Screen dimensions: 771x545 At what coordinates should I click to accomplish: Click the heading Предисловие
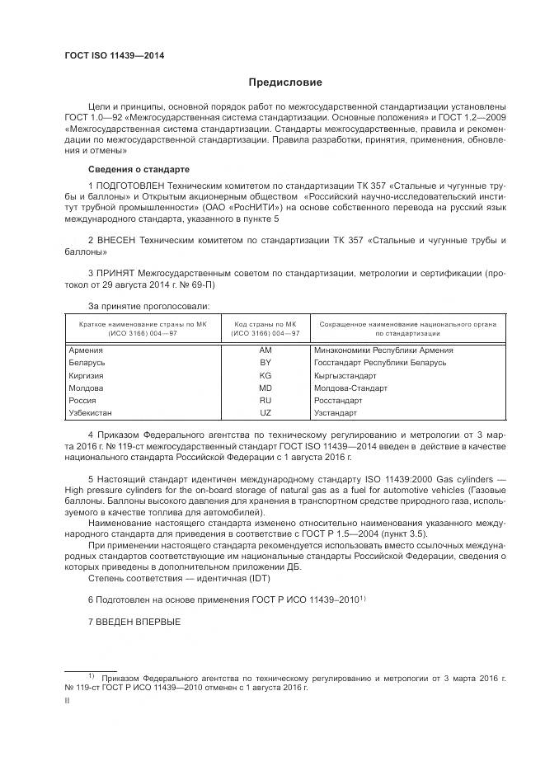pyautogui.click(x=285, y=82)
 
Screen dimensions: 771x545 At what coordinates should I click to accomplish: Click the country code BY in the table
pyautogui.click(x=265, y=363)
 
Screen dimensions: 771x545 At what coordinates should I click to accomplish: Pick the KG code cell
pyautogui.click(x=265, y=375)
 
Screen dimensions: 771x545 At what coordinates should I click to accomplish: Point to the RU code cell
pyautogui.click(x=265, y=400)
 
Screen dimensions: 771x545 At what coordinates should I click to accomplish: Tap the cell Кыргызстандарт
pyautogui.click(x=345, y=375)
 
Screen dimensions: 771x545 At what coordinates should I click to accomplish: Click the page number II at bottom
pyautogui.click(x=67, y=701)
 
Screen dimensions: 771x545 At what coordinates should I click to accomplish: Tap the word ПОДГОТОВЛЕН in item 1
pyautogui.click(x=132, y=186)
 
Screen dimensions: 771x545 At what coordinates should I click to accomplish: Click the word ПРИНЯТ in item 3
pyautogui.click(x=120, y=271)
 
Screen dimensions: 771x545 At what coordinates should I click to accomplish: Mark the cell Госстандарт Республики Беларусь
pyautogui.click(x=380, y=363)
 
